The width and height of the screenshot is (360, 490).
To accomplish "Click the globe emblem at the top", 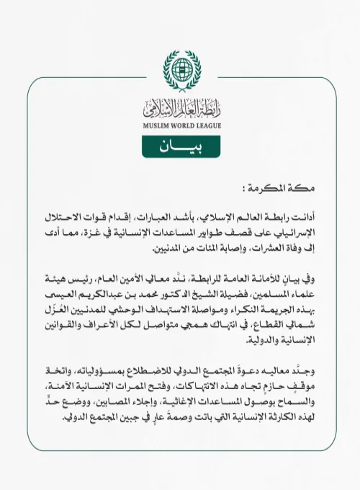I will click(x=181, y=70).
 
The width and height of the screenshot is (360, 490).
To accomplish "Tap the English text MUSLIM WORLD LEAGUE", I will click(x=181, y=125).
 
